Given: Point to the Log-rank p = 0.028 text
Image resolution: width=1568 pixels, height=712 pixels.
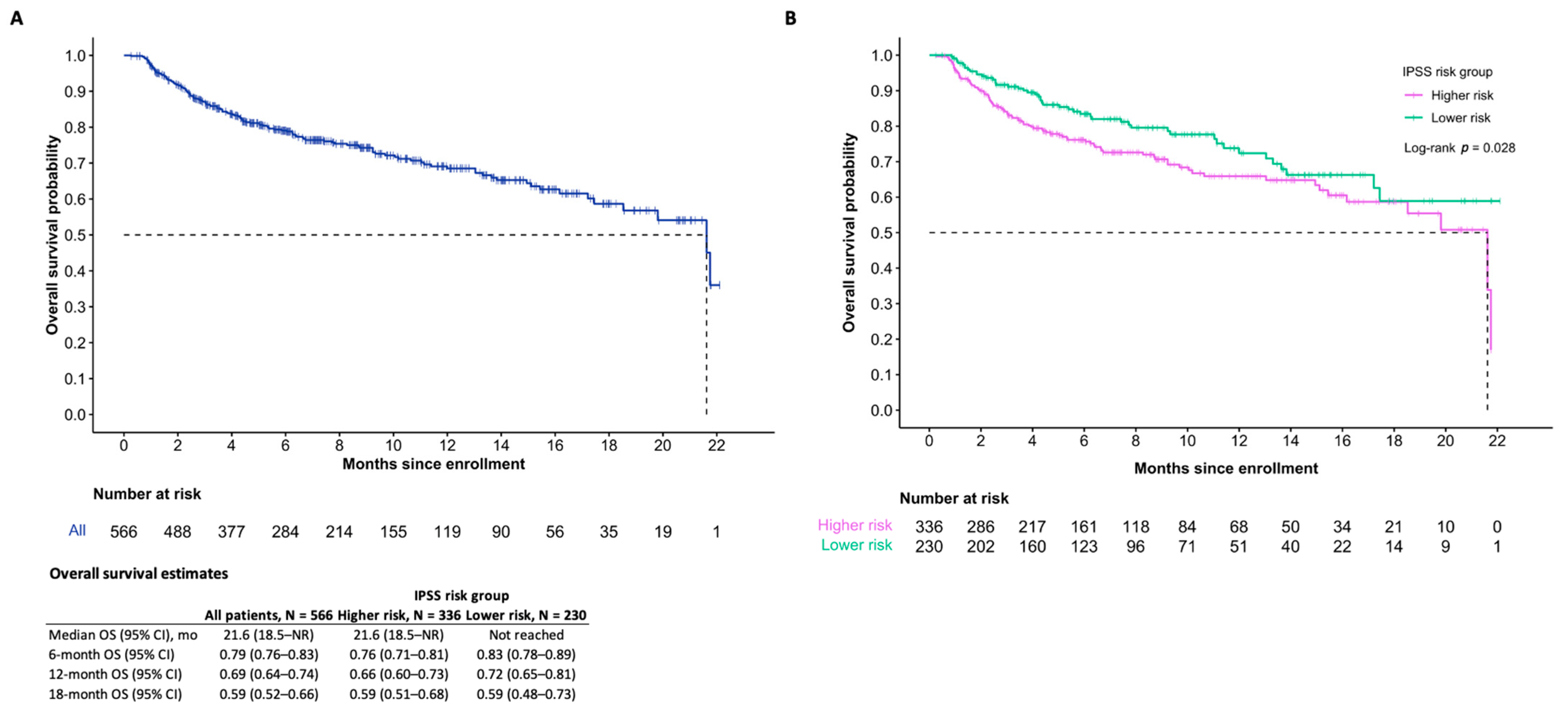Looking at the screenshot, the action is [1459, 148].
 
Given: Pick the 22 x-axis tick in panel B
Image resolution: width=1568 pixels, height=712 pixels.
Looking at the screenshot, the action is [1497, 441].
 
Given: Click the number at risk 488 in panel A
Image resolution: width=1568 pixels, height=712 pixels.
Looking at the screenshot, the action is [177, 532].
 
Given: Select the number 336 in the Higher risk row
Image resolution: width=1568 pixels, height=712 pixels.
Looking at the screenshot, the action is [929, 527].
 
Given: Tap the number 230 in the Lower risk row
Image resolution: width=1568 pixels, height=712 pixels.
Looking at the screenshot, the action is [929, 546].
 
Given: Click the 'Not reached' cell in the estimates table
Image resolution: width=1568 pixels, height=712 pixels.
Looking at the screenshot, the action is [526, 635].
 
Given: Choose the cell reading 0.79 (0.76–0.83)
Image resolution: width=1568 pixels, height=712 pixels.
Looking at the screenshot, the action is [269, 654].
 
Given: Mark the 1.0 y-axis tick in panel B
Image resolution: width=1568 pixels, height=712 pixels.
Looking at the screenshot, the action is [881, 55].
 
